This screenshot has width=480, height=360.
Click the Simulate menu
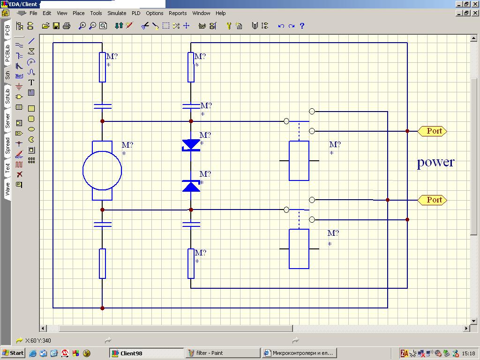click(x=117, y=13)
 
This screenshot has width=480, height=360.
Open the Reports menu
click(x=178, y=13)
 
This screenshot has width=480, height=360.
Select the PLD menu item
click(x=136, y=13)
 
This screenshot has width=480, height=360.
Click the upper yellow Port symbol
click(x=432, y=131)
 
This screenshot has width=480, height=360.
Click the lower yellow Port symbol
click(x=432, y=200)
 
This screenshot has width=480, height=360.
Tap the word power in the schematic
click(x=435, y=162)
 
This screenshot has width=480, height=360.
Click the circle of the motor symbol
click(x=83, y=171)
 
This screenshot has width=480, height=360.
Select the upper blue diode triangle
click(x=191, y=144)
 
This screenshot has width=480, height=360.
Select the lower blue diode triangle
click(x=191, y=187)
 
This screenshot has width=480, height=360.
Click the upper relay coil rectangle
click(x=290, y=161)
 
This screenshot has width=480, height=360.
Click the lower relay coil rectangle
click(x=290, y=249)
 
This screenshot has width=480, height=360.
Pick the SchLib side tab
click(x=7, y=96)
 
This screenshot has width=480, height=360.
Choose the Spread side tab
click(x=7, y=145)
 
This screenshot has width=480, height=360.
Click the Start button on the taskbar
click(x=13, y=353)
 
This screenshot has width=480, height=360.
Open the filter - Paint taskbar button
click(x=223, y=353)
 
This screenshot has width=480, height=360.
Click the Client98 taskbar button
click(x=147, y=353)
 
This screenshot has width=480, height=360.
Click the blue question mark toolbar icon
click(x=302, y=26)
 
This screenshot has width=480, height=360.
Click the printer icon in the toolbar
click(x=67, y=26)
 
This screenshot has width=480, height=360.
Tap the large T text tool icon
click(x=31, y=82)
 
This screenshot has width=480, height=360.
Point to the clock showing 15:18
click(x=468, y=353)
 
